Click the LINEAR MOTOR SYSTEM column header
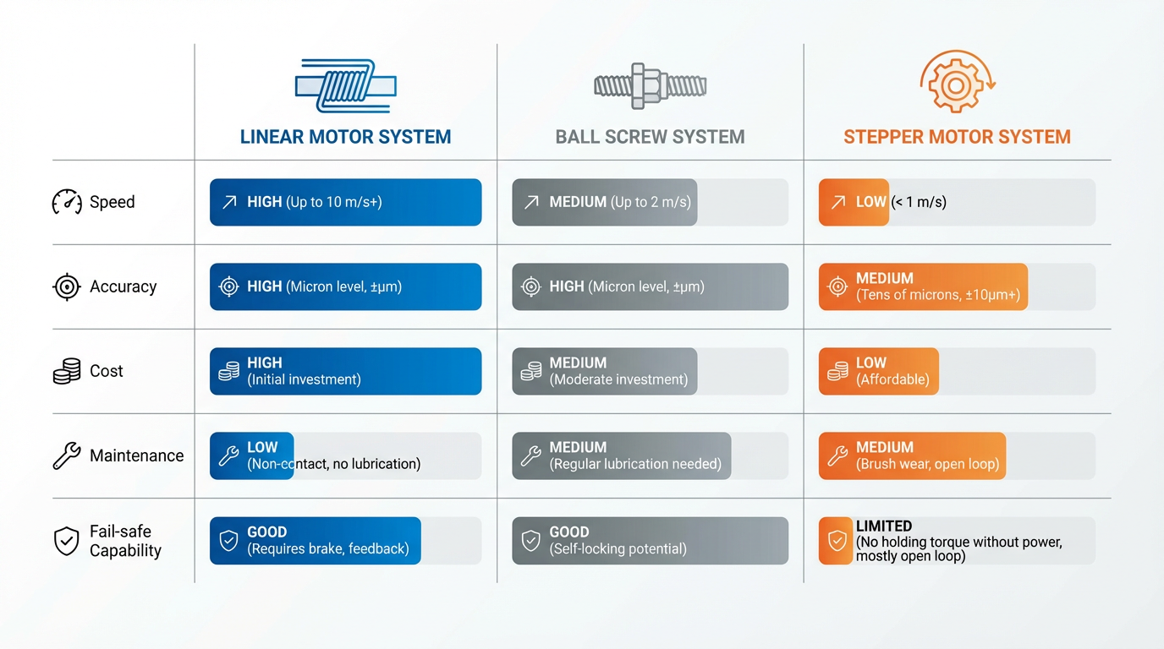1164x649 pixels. coord(345,137)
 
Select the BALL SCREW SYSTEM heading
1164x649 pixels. coord(650,137)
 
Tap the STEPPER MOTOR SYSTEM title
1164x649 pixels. coord(957,137)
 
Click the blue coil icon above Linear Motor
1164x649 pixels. coord(345,85)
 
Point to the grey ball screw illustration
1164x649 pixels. coord(650,85)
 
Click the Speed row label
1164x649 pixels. coord(112,202)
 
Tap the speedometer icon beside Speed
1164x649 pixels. coord(67,202)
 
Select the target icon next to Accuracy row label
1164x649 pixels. coord(67,286)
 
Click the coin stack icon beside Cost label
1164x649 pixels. coord(67,371)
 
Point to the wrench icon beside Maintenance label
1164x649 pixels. coord(67,455)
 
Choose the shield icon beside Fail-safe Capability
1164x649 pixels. coord(67,541)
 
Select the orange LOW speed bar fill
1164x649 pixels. coord(854,202)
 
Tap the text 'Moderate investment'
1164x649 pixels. coord(618,379)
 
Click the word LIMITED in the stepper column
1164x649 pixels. coord(884,526)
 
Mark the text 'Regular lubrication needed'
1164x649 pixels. coord(635,464)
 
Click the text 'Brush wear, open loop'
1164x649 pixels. coord(927,464)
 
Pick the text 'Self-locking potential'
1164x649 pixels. coord(618,548)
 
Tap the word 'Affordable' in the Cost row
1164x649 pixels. coord(892,379)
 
